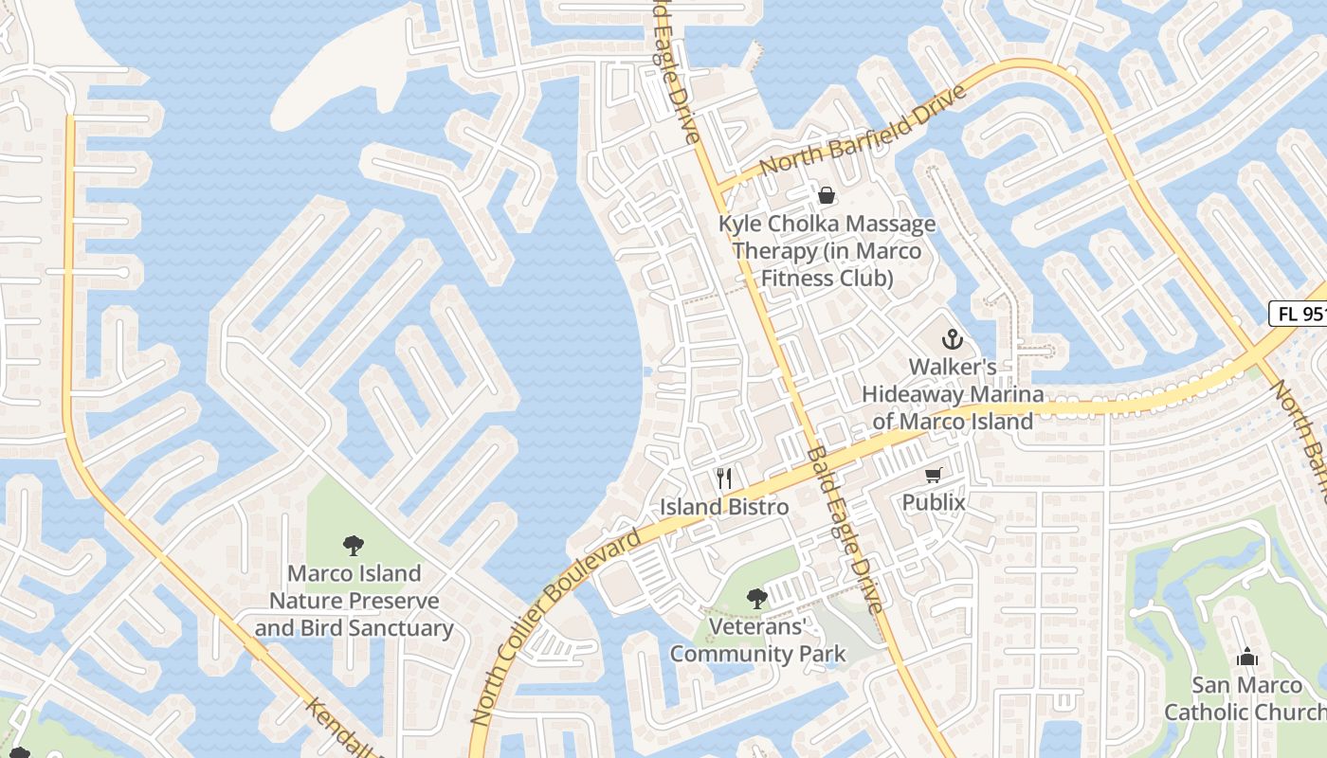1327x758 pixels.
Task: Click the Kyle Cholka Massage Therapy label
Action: (x=827, y=251)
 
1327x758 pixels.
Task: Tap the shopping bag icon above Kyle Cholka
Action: (x=827, y=196)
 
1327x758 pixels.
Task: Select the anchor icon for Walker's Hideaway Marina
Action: (x=951, y=339)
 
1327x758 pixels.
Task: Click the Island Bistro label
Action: (x=724, y=507)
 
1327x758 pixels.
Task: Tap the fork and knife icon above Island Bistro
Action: (x=724, y=478)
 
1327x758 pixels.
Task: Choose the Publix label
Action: (x=934, y=502)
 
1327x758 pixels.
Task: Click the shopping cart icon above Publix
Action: (x=934, y=475)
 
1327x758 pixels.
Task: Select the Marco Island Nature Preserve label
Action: (x=354, y=601)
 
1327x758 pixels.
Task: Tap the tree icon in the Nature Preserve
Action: (x=354, y=545)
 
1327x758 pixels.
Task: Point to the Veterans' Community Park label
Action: (x=756, y=640)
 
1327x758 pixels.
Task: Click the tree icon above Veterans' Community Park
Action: (x=756, y=598)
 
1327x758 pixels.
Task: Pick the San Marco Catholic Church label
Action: (x=1245, y=698)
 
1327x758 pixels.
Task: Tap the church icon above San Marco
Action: (x=1246, y=657)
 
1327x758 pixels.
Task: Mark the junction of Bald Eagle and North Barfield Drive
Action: (x=718, y=186)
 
